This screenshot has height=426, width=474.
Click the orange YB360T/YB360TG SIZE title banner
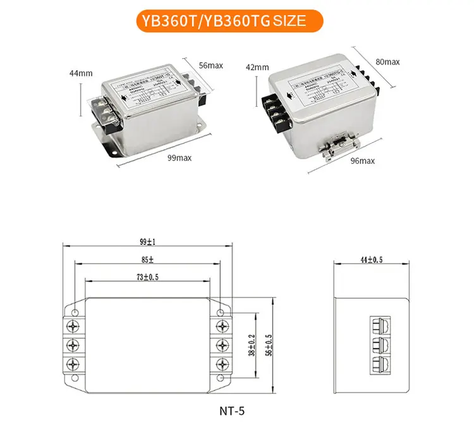[x=236, y=20]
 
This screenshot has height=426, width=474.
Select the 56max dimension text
[x=210, y=65]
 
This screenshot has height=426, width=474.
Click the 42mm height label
[x=257, y=67]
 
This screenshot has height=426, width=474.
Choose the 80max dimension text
[x=387, y=62]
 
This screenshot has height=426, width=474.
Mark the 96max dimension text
[x=362, y=161]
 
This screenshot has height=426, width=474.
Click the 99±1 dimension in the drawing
[x=148, y=241]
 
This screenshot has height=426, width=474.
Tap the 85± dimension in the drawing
[x=148, y=259]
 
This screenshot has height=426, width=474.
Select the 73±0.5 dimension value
[x=148, y=277]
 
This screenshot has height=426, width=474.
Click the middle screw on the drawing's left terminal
[x=75, y=345]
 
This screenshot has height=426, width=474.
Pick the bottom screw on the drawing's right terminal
[x=222, y=365]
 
